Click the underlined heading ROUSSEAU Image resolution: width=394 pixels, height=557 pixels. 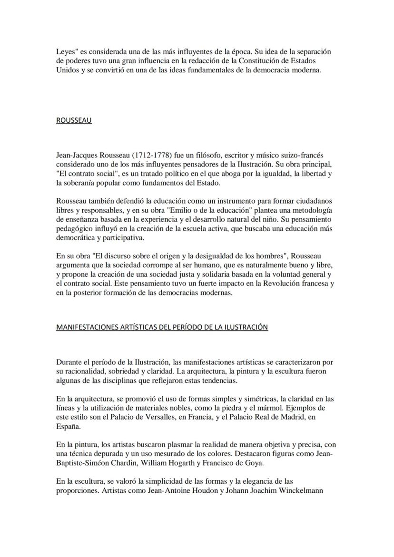click(x=74, y=120)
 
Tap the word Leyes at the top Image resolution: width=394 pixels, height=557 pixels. click(x=66, y=51)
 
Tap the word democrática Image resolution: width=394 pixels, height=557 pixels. click(x=74, y=238)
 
